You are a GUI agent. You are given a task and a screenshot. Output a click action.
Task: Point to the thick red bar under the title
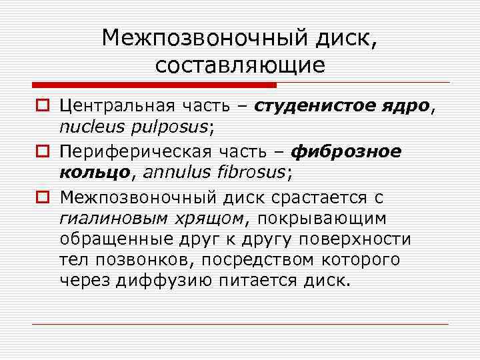click(153, 85)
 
